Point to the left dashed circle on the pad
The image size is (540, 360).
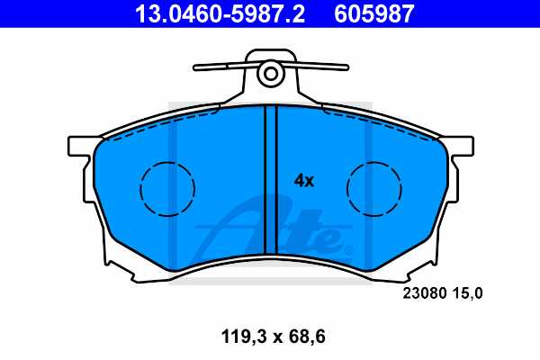point(166,189)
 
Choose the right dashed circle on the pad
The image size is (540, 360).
point(373,189)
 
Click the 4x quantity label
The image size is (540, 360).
point(304,180)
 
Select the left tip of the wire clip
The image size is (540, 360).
point(197,67)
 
